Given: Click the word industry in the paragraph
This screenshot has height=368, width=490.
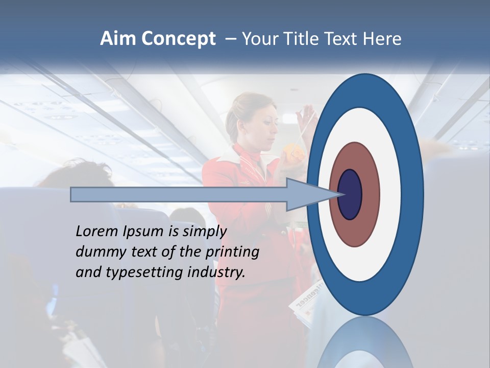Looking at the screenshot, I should [216, 272].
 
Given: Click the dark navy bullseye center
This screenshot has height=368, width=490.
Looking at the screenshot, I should [350, 194].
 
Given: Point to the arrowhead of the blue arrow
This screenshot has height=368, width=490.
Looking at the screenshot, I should [311, 194].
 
